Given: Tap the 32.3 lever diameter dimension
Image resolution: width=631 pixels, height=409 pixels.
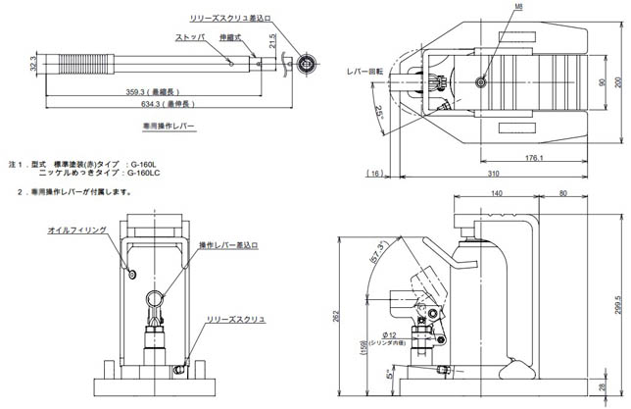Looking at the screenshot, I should click(33, 65).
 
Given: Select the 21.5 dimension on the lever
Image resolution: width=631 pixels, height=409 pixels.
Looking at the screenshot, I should click(285, 47).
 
